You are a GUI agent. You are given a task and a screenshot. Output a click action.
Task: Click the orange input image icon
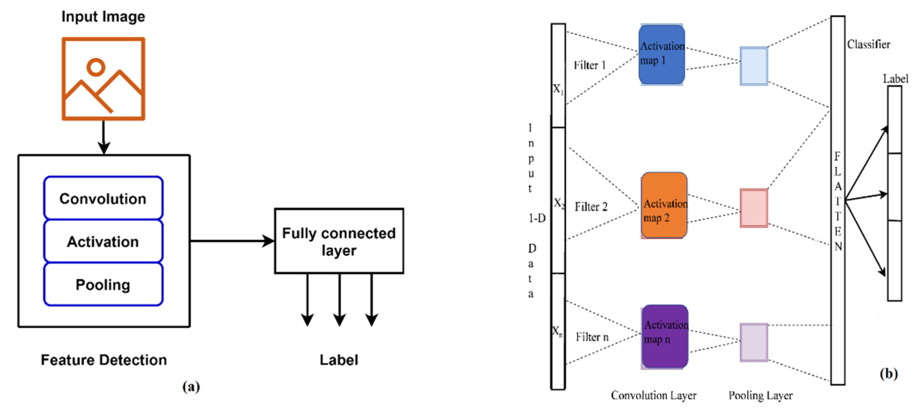pos(103,79)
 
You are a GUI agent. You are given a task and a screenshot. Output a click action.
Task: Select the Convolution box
pos(103,198)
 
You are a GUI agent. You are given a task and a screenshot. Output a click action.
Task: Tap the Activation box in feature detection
pos(103,241)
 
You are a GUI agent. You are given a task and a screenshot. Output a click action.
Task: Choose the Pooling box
pos(103,284)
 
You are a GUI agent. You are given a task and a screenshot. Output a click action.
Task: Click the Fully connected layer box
pos(339,241)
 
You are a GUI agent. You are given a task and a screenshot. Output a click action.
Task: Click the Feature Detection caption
pos(104,360)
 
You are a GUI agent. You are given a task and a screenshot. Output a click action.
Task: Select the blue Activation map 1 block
pos(661,55)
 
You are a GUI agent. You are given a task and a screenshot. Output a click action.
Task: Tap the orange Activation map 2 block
pos(664,206)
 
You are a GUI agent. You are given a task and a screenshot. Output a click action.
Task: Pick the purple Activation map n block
pos(664,336)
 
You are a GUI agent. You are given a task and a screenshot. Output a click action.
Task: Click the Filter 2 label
pos(591,206)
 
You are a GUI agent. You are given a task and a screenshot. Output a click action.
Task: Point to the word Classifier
pos(868,45)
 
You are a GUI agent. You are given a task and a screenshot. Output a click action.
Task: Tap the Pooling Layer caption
pos(761,395)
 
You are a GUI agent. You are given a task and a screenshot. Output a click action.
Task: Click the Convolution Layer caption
pos(654,395)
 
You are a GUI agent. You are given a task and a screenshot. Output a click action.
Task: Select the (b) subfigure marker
pos(888,373)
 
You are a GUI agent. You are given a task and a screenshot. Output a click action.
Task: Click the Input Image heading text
pos(103,16)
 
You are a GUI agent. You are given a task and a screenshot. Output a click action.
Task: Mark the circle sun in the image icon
pos(96,67)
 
